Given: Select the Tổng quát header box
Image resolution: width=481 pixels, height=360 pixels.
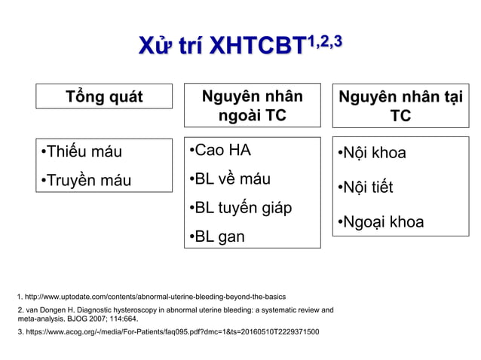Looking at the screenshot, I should click(104, 96).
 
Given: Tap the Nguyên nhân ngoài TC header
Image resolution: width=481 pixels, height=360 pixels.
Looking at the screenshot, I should click(252, 105).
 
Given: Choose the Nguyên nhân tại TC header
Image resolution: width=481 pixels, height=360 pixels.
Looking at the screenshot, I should click(400, 105).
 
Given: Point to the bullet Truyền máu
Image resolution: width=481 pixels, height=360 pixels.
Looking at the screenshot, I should click(86, 180).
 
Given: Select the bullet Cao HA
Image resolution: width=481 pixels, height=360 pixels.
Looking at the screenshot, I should click(219, 150).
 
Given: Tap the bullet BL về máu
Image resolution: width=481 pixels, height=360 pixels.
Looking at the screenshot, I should click(229, 179).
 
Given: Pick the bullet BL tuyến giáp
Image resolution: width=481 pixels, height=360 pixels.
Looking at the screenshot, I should click(240, 208).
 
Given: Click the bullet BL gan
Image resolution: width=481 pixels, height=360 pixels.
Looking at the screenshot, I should click(216, 237).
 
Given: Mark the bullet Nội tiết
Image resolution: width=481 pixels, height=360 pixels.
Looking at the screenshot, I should click(365, 187).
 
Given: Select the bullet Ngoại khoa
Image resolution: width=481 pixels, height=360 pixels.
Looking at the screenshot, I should click(380, 221).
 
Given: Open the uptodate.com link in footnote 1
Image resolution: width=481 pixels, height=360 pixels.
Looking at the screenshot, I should click(155, 297).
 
